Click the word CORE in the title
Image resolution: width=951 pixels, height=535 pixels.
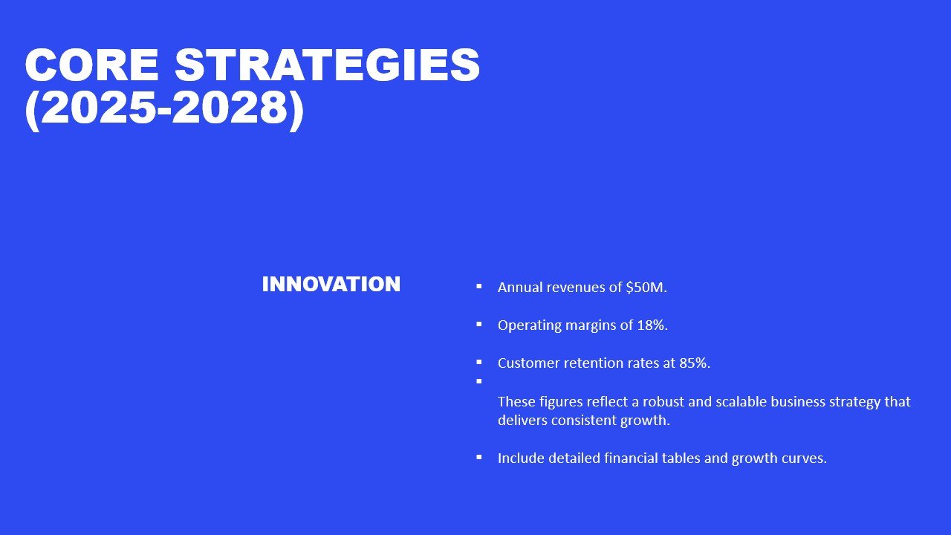point(91,65)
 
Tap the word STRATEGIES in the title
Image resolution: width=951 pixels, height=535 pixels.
point(328,65)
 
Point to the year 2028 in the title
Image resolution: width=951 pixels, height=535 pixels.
point(230,108)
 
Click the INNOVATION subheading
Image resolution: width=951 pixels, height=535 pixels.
point(331,285)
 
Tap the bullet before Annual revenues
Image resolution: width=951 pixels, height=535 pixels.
point(479,286)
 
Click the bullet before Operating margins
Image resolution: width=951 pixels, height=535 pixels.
point(479,324)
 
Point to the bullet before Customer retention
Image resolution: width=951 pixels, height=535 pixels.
point(479,362)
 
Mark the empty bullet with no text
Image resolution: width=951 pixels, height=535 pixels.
point(479,381)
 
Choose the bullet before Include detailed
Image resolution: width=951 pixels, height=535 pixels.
point(479,457)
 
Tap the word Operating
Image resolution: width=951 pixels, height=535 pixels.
point(530,326)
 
